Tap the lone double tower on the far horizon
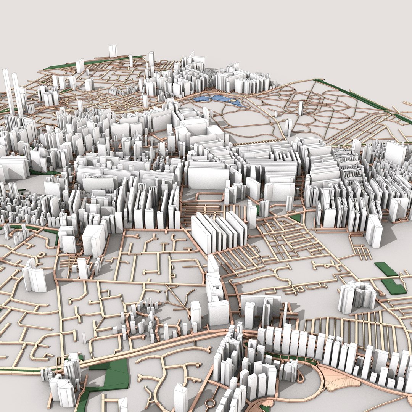(113, 51)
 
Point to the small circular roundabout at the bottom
(210, 402)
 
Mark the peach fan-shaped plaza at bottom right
(340, 378)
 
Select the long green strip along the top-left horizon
(95, 62)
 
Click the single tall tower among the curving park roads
(301, 108)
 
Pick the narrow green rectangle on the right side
(386, 269)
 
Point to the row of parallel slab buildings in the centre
(219, 231)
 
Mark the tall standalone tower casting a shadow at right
(374, 231)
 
